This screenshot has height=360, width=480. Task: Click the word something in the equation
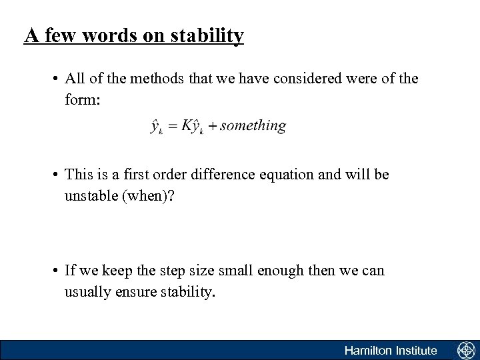tap(253, 125)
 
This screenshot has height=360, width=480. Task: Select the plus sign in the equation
tap(211, 126)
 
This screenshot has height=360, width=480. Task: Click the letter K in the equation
tap(185, 125)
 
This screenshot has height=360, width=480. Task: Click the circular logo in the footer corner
tap(465, 350)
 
